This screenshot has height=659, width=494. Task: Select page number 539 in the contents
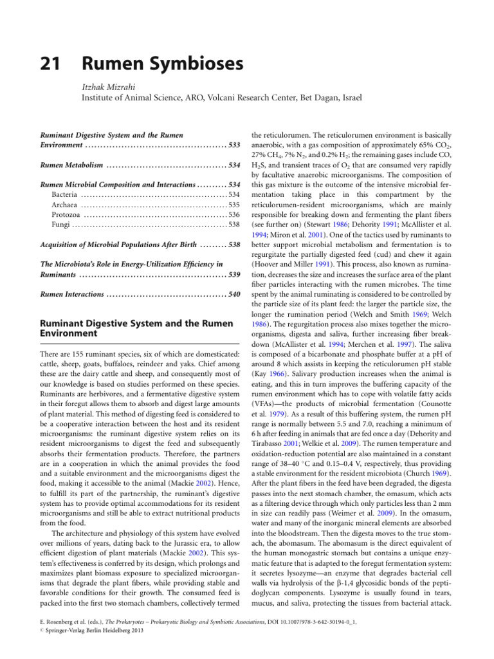pos(233,275)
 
